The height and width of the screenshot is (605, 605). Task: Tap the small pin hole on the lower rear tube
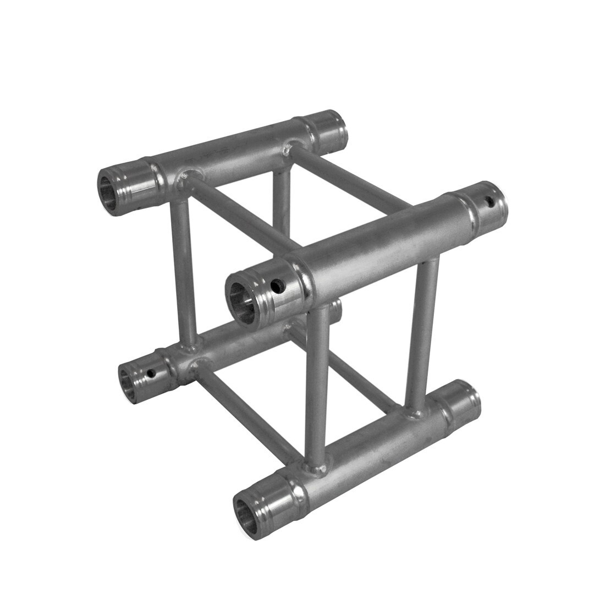click(151, 375)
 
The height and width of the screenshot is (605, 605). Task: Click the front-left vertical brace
click(317, 385)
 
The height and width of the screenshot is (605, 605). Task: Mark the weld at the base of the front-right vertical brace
click(414, 411)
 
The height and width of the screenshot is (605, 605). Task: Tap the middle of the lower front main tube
click(363, 457)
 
